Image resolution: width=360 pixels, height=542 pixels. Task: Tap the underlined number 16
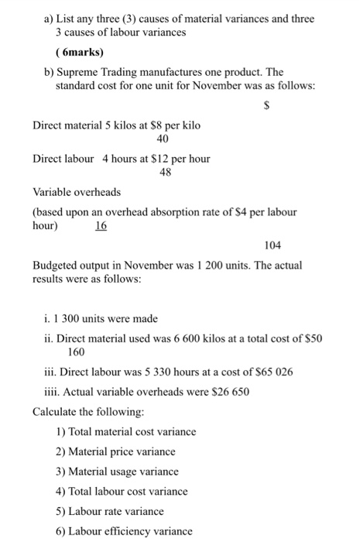(101, 225)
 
